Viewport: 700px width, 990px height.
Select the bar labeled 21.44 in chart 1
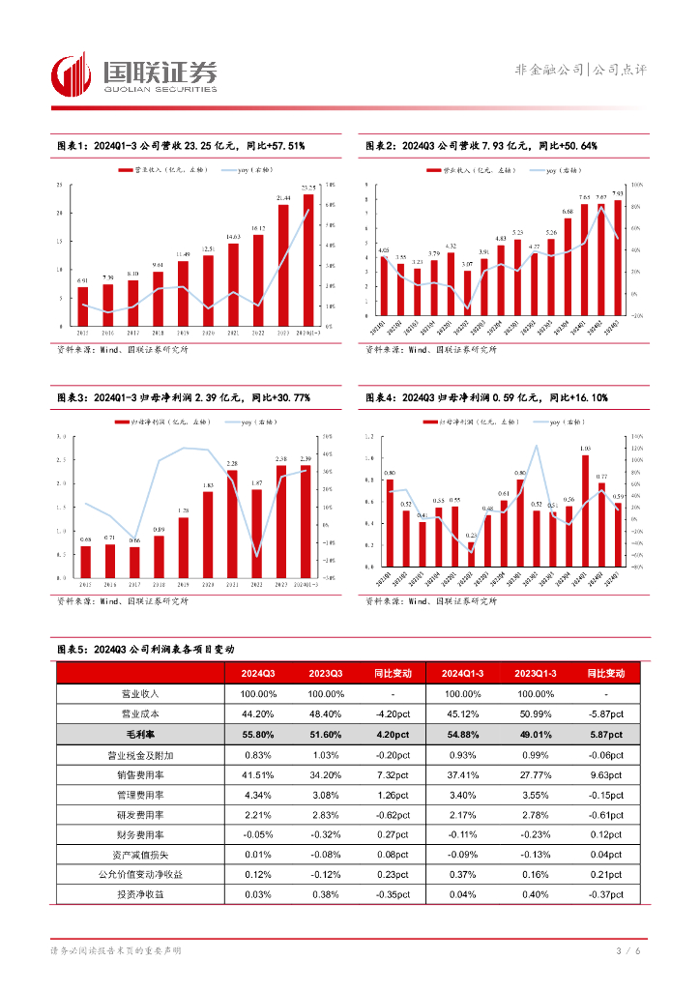point(283,265)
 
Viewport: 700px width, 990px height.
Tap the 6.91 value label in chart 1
point(82,280)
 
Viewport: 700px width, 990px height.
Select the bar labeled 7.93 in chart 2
point(618,257)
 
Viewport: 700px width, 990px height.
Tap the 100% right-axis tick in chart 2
point(636,184)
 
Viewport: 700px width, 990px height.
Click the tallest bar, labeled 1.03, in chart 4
point(585,510)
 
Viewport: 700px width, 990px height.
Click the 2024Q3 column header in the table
point(258,673)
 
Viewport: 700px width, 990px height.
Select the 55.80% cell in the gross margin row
point(258,736)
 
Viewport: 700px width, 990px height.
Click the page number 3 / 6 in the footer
point(629,952)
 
